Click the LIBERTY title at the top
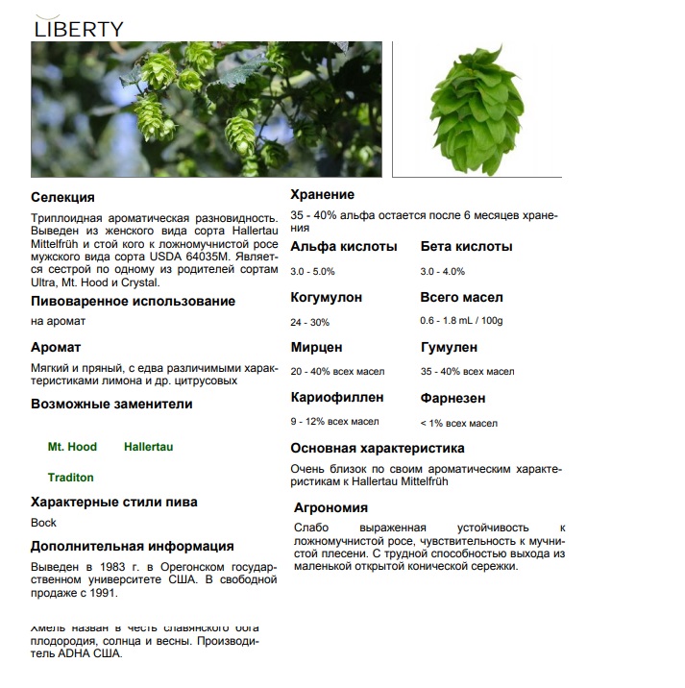79,29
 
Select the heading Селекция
62,197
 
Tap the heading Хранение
322,195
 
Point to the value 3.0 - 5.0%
312,271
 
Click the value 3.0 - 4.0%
442,271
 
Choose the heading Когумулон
326,297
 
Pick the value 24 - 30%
309,322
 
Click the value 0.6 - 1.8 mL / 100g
461,321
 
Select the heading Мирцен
316,347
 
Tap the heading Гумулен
449,347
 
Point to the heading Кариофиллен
337,397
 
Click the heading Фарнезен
453,398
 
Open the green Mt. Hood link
72,447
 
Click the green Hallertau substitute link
149,447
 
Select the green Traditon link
71,478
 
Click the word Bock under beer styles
44,523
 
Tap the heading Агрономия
330,507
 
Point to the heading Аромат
56,347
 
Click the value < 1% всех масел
458,423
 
